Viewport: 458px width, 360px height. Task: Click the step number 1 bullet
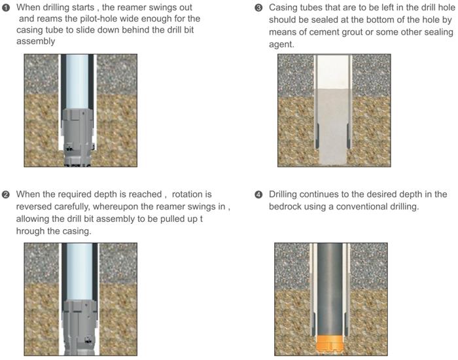click(6, 8)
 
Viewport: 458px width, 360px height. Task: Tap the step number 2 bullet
click(6, 194)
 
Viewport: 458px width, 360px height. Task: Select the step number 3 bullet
click(258, 8)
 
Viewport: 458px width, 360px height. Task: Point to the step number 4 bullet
click(258, 194)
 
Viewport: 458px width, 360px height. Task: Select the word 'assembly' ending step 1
click(35, 41)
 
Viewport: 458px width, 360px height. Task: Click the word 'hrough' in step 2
click(30, 231)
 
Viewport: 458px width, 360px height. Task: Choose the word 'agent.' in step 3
click(281, 45)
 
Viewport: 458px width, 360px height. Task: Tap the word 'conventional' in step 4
click(362, 207)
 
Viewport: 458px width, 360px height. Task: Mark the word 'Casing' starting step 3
click(282, 8)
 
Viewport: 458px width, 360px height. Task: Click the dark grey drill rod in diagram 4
click(330, 289)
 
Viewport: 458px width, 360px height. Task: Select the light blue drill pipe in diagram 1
click(77, 82)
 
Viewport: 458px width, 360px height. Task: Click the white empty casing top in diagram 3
click(332, 71)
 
